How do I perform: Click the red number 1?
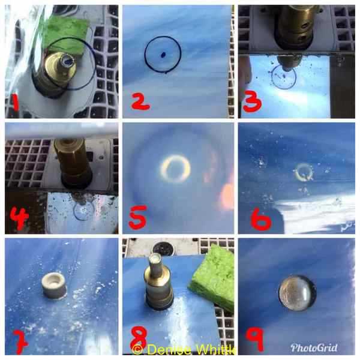[15, 103]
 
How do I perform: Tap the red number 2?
[140, 103]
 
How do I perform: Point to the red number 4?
[19, 218]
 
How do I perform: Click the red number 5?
[138, 217]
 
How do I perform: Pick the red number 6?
[261, 218]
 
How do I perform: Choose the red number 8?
[139, 337]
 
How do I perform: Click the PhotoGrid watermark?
[314, 348]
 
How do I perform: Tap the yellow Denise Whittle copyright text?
[184, 350]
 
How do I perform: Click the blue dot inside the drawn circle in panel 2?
[163, 55]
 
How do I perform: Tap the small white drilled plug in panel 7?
[54, 287]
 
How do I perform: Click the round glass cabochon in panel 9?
[298, 293]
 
